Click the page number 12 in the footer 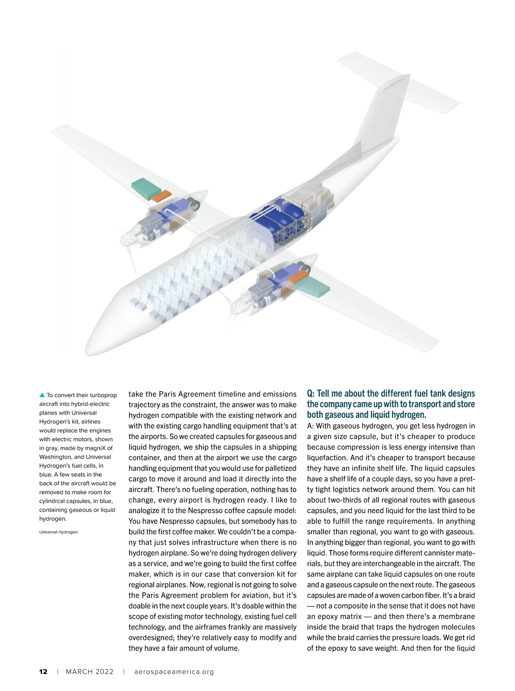(x=43, y=672)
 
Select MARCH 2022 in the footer (x=90, y=672)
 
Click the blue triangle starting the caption (x=42, y=395)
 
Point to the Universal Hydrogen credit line (x=58, y=532)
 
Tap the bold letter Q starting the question (x=310, y=394)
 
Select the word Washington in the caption (x=56, y=457)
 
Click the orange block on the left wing (x=162, y=195)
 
